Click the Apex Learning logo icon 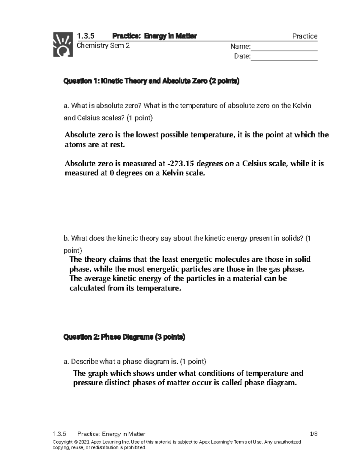coord(63,44)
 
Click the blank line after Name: coord(284,47)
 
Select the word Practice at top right coord(305,36)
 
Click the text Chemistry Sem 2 coord(103,46)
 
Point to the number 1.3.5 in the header coord(85,36)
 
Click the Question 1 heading coord(151,81)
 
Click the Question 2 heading coord(124,337)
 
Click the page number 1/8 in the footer coord(313,434)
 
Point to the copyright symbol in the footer coord(76,442)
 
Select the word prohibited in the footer coord(135,448)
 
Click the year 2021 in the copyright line coord(84,442)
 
